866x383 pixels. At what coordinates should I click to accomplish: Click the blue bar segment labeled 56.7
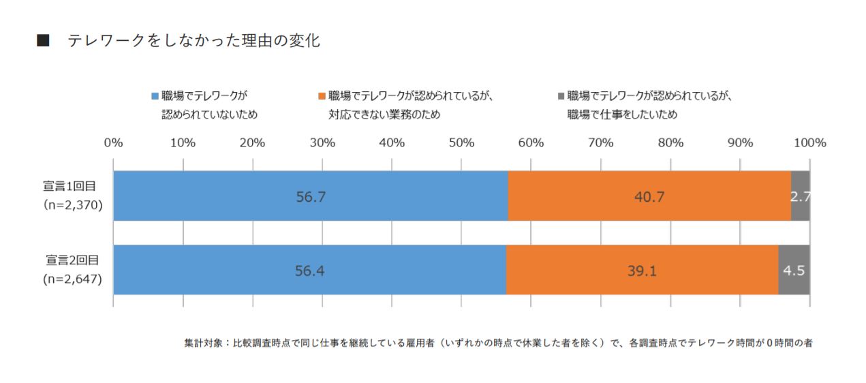click(x=311, y=196)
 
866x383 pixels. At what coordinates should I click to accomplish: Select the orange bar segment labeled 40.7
click(x=649, y=196)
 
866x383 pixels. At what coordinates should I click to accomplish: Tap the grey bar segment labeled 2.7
click(x=801, y=196)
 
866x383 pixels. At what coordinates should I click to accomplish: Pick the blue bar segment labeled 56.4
click(x=309, y=270)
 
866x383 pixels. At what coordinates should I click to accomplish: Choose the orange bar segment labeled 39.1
click(x=642, y=270)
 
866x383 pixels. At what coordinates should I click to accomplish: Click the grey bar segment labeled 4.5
click(x=794, y=270)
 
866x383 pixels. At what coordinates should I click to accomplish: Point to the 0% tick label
click(x=113, y=143)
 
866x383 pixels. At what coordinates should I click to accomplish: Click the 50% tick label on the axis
click(x=461, y=143)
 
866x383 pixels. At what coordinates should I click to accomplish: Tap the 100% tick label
click(x=809, y=143)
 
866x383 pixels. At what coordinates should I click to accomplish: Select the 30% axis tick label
click(x=322, y=143)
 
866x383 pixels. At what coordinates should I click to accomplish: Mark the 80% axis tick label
click(x=670, y=143)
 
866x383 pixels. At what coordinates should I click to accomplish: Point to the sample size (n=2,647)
click(x=72, y=278)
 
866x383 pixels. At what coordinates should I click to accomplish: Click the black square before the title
click(x=42, y=42)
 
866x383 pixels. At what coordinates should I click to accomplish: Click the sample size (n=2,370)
click(x=72, y=204)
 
